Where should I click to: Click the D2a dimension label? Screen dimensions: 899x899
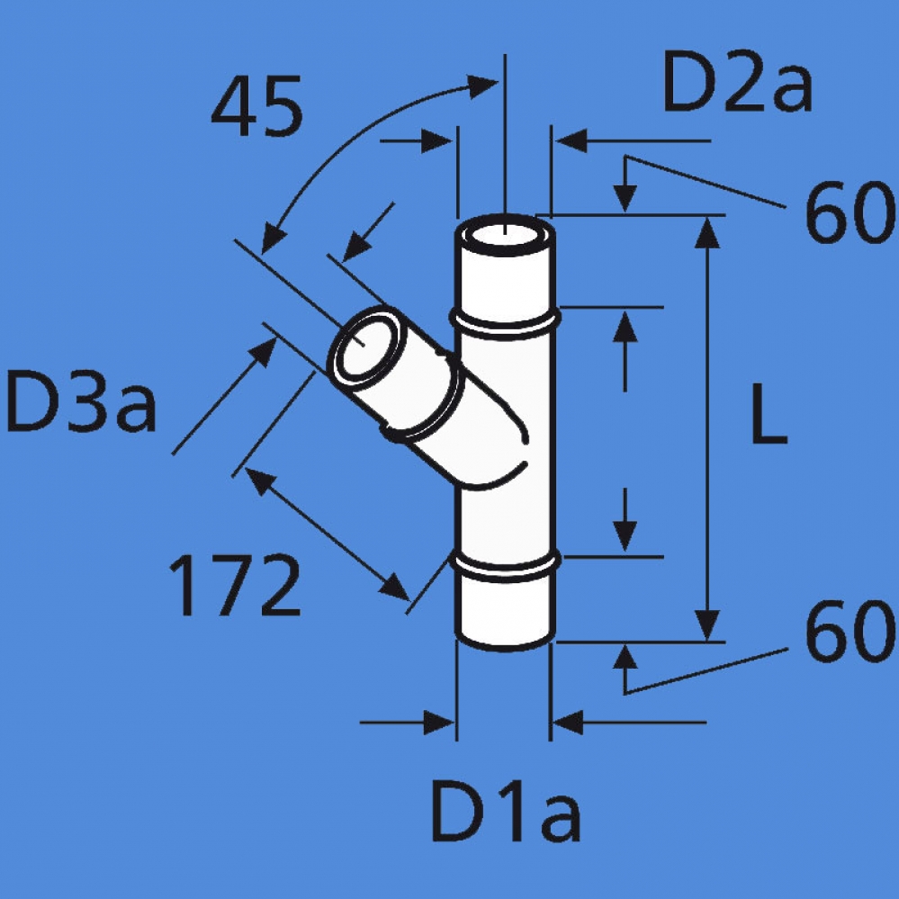[737, 84]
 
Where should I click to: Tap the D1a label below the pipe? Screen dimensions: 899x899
[506, 812]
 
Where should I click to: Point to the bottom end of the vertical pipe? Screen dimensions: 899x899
[504, 634]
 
